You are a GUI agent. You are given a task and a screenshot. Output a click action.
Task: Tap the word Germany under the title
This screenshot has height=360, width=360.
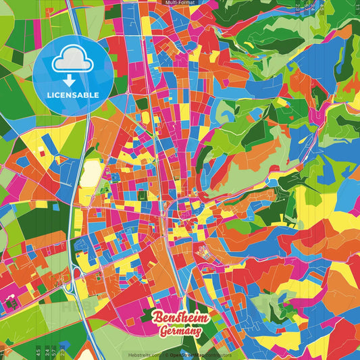coord(180,331)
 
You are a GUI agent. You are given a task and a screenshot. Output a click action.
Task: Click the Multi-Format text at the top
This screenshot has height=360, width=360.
coord(180,3)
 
